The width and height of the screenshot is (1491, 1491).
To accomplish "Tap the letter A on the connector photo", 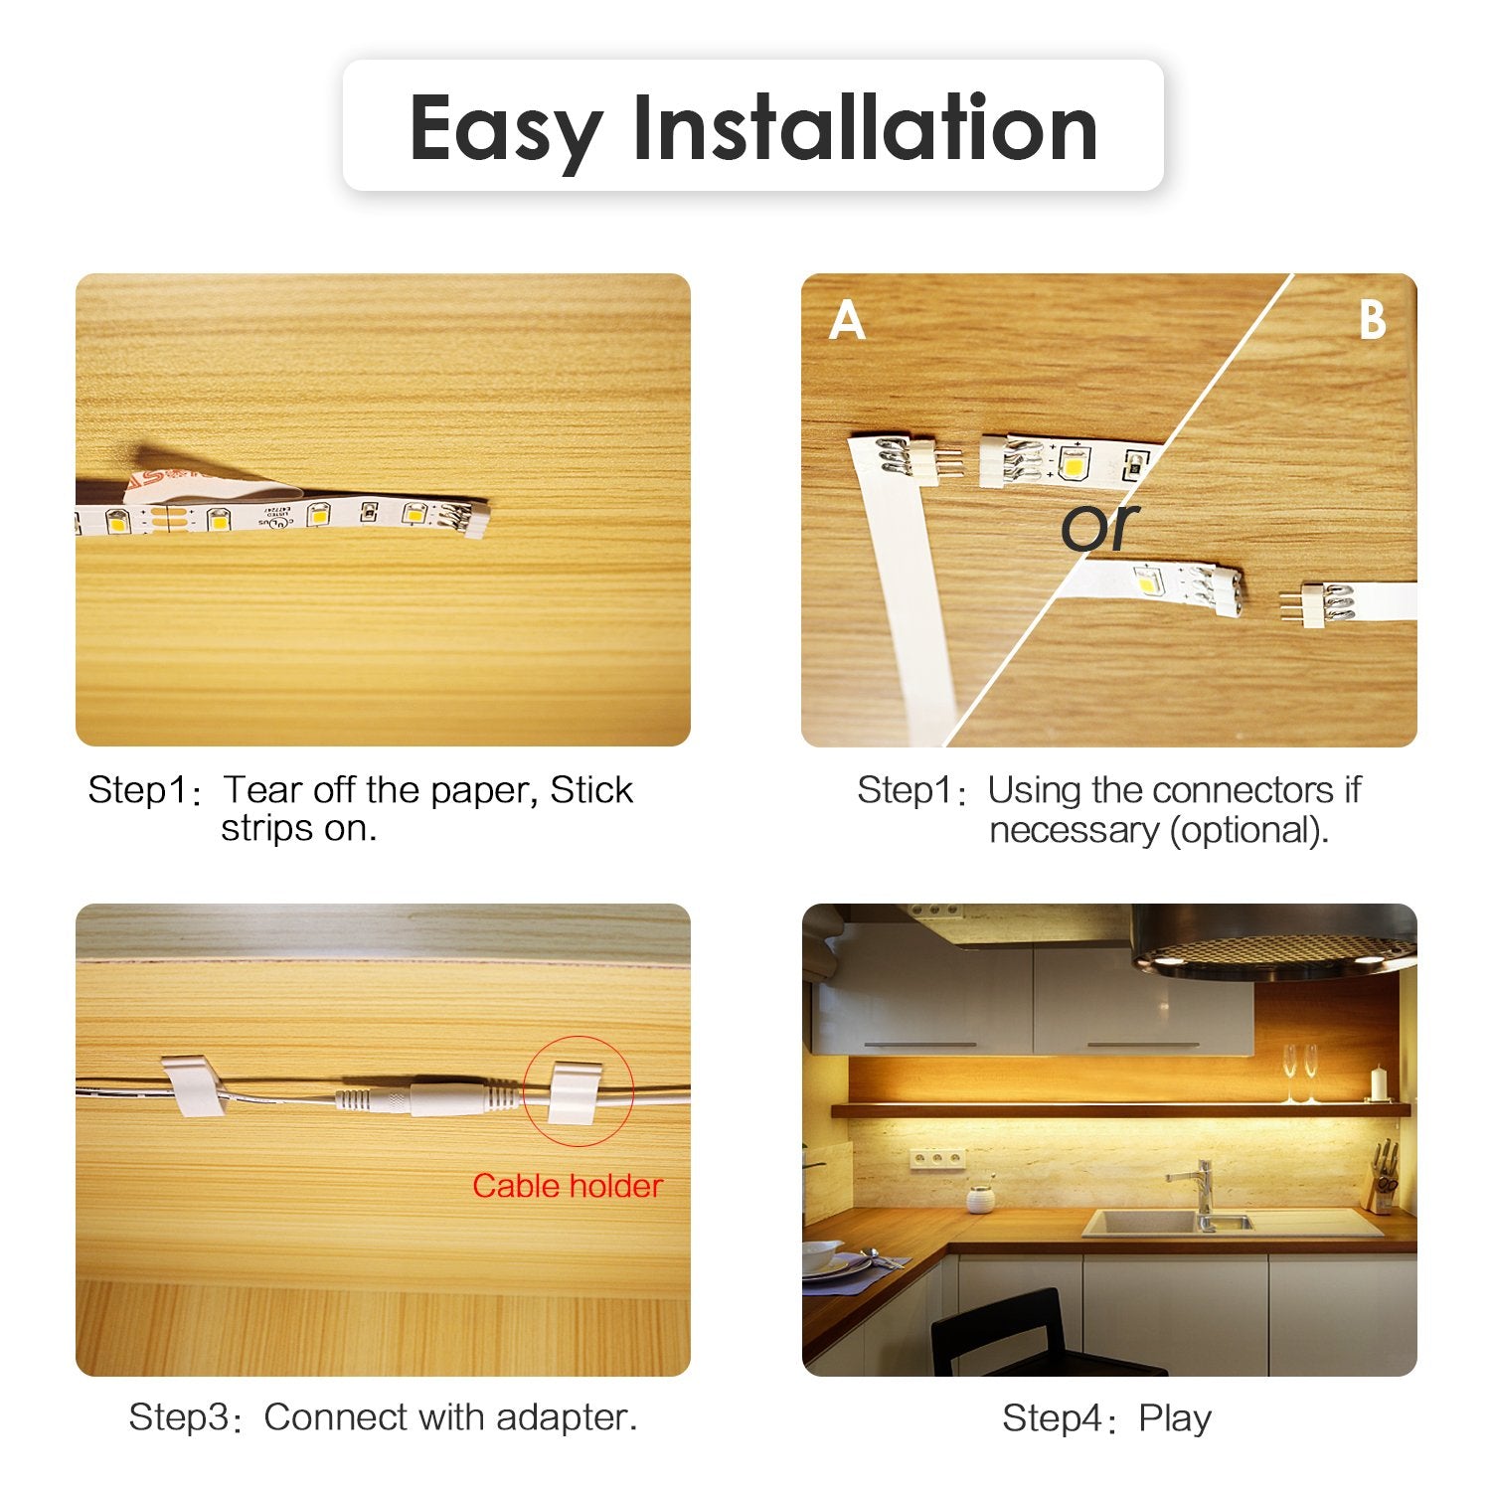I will (847, 321).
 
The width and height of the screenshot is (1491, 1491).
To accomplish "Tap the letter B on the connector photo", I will (1372, 321).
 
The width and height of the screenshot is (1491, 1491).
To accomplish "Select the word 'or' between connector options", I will (1099, 527).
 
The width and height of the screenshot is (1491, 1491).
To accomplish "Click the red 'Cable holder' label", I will (567, 1186).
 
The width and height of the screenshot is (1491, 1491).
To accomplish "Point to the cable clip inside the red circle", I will (575, 1091).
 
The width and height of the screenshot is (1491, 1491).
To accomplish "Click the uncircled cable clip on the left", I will (193, 1087).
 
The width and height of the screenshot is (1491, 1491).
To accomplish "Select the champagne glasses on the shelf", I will (1300, 1073).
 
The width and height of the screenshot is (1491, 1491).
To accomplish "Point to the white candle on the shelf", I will (1378, 1082).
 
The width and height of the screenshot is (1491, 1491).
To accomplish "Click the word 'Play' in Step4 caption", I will (1175, 1417).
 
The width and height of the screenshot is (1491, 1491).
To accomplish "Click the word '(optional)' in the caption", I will (1248, 830).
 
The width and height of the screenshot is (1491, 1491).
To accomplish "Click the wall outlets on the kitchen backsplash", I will (935, 1159).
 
